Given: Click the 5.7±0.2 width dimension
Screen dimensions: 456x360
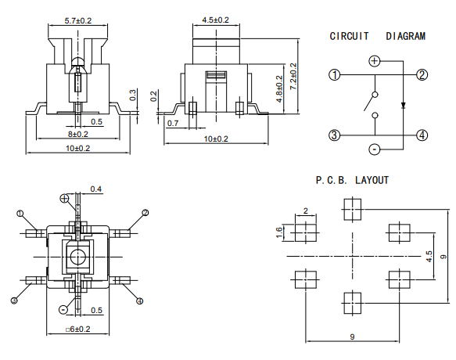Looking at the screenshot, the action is pyautogui.click(x=78, y=21).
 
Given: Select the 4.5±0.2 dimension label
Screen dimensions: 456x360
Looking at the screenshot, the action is pyautogui.click(x=216, y=20).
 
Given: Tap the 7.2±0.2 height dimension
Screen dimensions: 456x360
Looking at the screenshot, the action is pyautogui.click(x=294, y=76).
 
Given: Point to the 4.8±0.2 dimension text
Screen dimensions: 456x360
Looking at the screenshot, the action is pyautogui.click(x=279, y=89).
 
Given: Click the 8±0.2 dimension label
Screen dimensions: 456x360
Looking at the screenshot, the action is pyautogui.click(x=78, y=134).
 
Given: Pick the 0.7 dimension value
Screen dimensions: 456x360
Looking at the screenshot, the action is pyautogui.click(x=173, y=124).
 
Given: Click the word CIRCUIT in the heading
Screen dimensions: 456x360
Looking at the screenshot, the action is pyautogui.click(x=349, y=36).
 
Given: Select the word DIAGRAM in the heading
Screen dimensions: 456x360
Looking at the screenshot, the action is pyautogui.click(x=406, y=36).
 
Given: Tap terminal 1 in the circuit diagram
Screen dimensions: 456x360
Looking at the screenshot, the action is pyautogui.click(x=335, y=75).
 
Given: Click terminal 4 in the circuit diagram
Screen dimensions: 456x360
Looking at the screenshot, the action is pyautogui.click(x=422, y=135).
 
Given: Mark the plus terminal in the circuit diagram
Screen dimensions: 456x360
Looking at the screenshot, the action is pyautogui.click(x=375, y=61).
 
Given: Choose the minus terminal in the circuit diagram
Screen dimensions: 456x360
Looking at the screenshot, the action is pyautogui.click(x=375, y=149).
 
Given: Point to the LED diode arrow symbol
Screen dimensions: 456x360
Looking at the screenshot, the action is pyautogui.click(x=403, y=105).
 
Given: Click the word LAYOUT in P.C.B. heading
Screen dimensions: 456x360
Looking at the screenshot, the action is pyautogui.click(x=372, y=181).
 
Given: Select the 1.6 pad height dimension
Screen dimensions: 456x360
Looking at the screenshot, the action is pyautogui.click(x=278, y=232).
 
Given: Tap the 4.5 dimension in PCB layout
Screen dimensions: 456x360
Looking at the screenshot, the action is pyautogui.click(x=429, y=257).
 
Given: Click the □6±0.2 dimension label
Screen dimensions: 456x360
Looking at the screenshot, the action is pyautogui.click(x=78, y=329).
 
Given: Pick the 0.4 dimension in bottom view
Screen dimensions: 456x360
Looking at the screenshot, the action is pyautogui.click(x=96, y=189).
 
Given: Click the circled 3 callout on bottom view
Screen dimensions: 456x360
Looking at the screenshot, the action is pyautogui.click(x=14, y=301).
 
